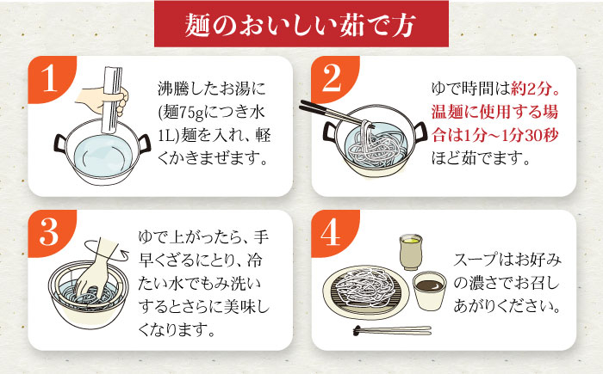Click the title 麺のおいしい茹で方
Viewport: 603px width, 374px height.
301,26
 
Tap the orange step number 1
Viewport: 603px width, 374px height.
49,78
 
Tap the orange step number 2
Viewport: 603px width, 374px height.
332,78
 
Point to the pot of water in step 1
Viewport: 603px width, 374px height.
103,152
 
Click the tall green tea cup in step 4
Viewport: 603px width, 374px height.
411,252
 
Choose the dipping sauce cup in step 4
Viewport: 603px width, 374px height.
430,291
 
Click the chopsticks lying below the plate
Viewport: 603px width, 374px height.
392,330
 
